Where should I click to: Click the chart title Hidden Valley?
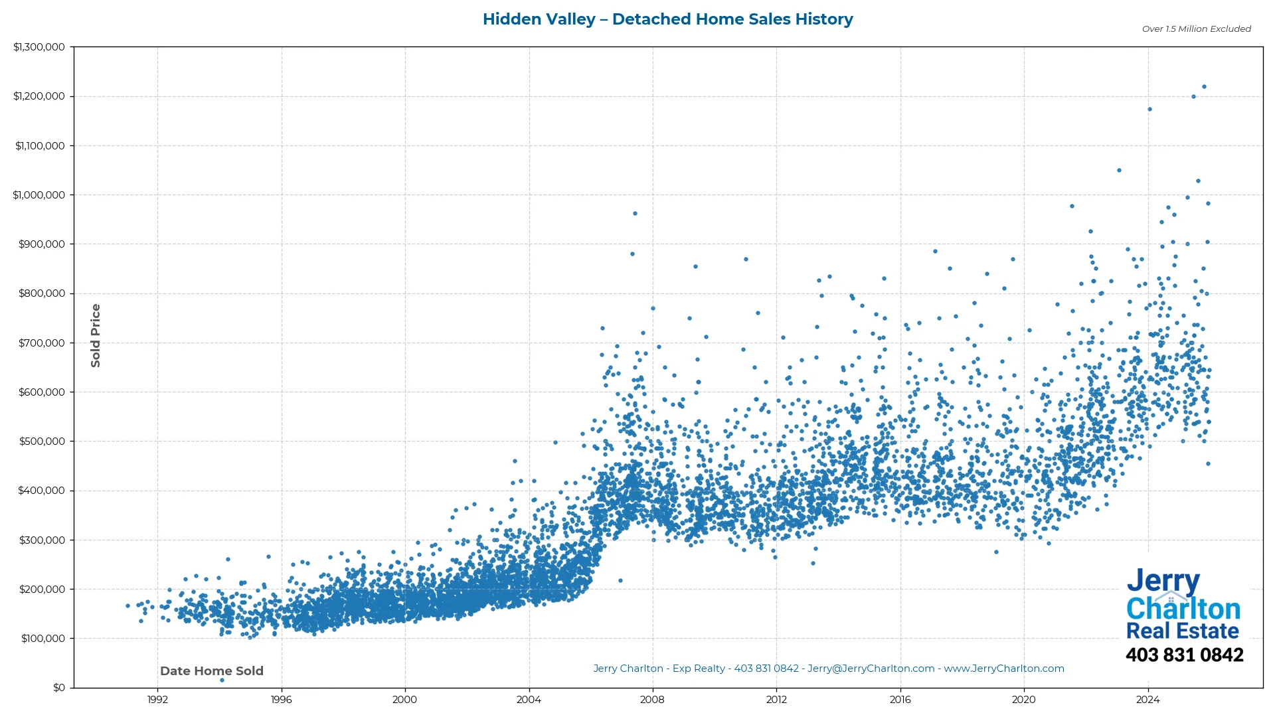[x=667, y=19]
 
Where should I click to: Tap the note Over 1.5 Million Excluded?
[x=1196, y=29]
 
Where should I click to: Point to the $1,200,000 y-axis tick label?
[x=39, y=96]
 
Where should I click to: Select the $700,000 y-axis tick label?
[x=42, y=343]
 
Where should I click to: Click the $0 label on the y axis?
[x=59, y=688]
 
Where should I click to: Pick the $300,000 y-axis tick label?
[x=42, y=540]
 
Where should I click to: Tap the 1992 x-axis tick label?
[x=157, y=700]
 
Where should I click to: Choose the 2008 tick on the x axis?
[x=652, y=700]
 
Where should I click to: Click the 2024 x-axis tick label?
[x=1147, y=700]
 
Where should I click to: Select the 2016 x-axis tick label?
[x=900, y=700]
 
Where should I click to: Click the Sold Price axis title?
[x=96, y=335]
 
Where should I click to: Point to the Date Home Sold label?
[x=212, y=671]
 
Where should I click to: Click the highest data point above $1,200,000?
[x=1204, y=87]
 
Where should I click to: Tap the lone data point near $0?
[x=222, y=680]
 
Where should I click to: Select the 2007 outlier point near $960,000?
[x=635, y=214]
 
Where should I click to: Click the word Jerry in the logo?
[x=1163, y=582]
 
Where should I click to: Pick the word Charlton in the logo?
[x=1183, y=609]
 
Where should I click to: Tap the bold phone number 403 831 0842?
[x=1184, y=655]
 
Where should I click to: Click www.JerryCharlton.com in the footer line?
[x=1003, y=669]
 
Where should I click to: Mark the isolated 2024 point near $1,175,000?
[x=1149, y=110]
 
